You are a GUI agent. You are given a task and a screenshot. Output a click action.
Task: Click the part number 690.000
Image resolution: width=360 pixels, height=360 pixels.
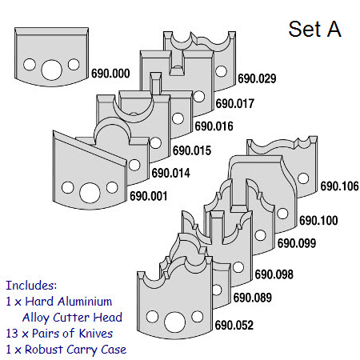(x=110, y=74)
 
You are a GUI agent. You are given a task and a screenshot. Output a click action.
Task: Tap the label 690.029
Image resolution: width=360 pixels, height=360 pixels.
(x=257, y=78)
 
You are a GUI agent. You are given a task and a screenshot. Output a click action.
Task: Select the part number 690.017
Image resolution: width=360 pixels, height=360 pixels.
(x=235, y=103)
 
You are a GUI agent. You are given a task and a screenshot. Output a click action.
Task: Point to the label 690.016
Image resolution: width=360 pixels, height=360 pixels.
(x=214, y=126)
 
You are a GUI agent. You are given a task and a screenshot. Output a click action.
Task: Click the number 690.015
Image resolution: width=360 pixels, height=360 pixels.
(x=192, y=150)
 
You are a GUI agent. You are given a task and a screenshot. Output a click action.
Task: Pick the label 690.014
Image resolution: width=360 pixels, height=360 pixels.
(x=171, y=173)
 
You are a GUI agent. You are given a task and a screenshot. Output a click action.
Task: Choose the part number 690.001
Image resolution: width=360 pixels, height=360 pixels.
(x=149, y=196)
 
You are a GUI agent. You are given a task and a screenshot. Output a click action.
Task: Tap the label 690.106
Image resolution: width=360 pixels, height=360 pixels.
(x=339, y=186)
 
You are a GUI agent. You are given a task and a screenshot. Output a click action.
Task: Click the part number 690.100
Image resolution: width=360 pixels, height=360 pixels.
(x=318, y=220)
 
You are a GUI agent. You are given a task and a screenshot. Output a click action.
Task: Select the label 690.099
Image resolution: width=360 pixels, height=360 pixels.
(x=297, y=243)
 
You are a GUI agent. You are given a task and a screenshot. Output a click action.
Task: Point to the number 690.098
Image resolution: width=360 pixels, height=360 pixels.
(x=274, y=274)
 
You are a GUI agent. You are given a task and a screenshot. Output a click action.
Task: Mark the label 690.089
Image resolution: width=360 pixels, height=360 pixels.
(x=253, y=298)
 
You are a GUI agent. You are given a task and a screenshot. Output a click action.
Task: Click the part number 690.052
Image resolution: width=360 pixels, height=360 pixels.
(x=234, y=325)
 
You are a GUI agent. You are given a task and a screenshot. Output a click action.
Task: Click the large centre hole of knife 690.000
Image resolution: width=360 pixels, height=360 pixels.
(x=51, y=70)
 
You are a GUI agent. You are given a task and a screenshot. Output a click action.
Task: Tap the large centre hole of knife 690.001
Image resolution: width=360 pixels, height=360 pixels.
(x=90, y=193)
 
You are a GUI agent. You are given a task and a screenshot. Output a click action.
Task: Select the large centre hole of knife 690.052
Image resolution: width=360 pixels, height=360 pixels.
(x=175, y=322)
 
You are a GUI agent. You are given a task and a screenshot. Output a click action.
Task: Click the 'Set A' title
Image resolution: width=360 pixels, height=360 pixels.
(x=315, y=29)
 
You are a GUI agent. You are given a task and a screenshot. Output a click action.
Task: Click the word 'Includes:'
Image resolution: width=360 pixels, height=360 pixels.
(x=31, y=286)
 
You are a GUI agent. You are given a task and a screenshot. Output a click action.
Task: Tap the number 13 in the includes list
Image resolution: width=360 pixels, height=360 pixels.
(x=12, y=334)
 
